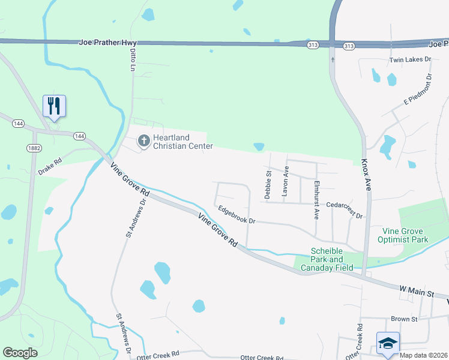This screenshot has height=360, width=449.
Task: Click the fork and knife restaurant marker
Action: [x=55, y=106]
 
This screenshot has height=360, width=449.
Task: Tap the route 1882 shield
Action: [x=34, y=147]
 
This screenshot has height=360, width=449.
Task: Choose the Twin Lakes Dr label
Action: [x=411, y=60]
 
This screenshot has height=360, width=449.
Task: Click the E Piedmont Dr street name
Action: [x=418, y=89]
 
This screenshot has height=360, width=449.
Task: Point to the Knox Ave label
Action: [x=367, y=175]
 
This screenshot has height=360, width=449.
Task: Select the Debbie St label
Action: [x=268, y=184]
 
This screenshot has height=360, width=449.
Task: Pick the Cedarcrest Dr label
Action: [x=345, y=209]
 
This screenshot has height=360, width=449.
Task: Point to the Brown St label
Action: [x=403, y=319]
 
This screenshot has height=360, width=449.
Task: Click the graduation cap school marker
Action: [x=387, y=343]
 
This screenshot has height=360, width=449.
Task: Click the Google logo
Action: [x=20, y=353]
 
